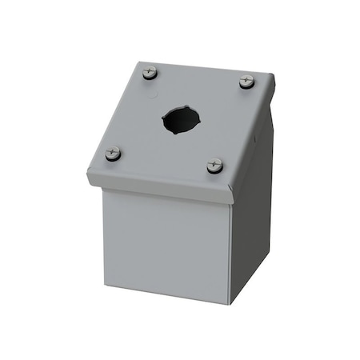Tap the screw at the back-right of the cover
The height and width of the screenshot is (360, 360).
246,82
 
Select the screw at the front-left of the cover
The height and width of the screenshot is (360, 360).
114,153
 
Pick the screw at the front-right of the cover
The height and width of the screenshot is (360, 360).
214,166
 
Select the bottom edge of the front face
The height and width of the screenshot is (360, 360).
164,288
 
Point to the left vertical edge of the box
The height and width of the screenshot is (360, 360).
101,224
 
